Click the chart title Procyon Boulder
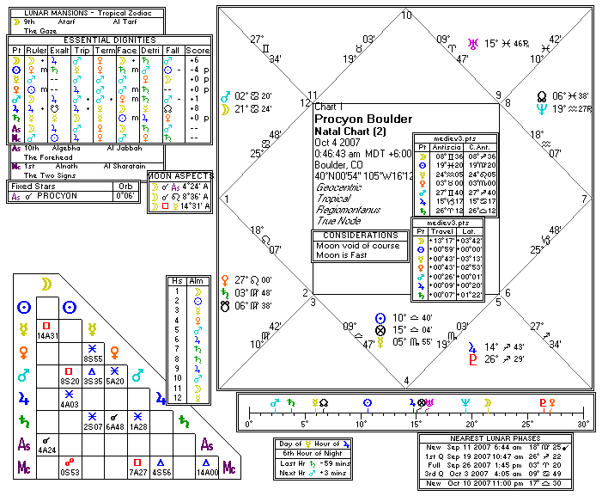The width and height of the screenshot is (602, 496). click(363, 119)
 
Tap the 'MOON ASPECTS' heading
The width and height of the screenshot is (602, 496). click(181, 175)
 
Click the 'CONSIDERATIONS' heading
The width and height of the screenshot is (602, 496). click(360, 235)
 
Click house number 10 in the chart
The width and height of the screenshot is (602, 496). click(406, 15)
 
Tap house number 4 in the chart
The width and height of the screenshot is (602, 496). click(406, 380)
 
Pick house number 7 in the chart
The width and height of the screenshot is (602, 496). click(586, 199)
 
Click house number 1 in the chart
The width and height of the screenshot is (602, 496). click(228, 199)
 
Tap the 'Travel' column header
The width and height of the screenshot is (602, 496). click(441, 231)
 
